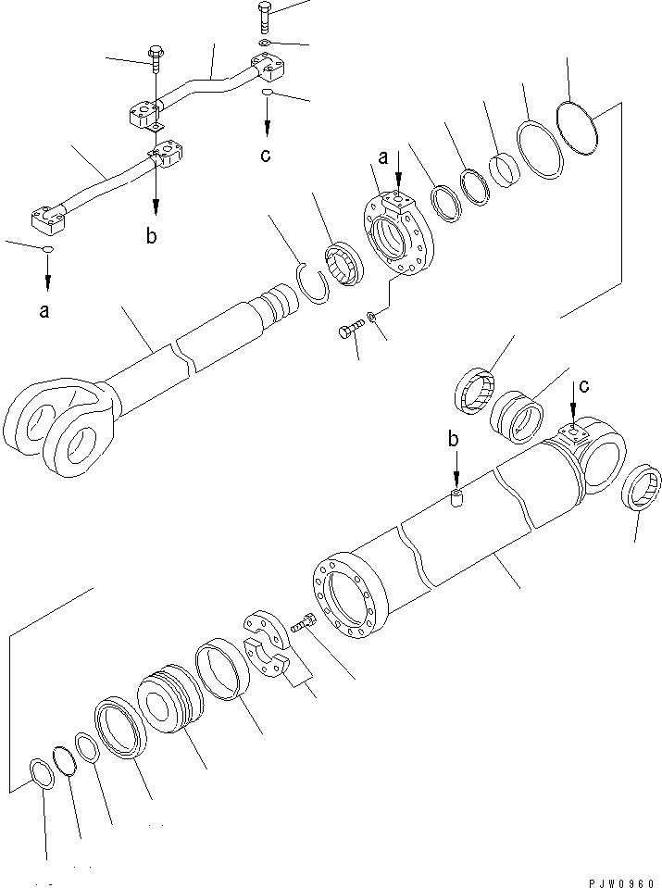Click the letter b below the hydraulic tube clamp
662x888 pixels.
[152, 237]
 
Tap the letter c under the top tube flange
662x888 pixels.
[266, 155]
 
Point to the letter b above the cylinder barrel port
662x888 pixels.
[454, 439]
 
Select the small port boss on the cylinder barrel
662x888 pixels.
[455, 499]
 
